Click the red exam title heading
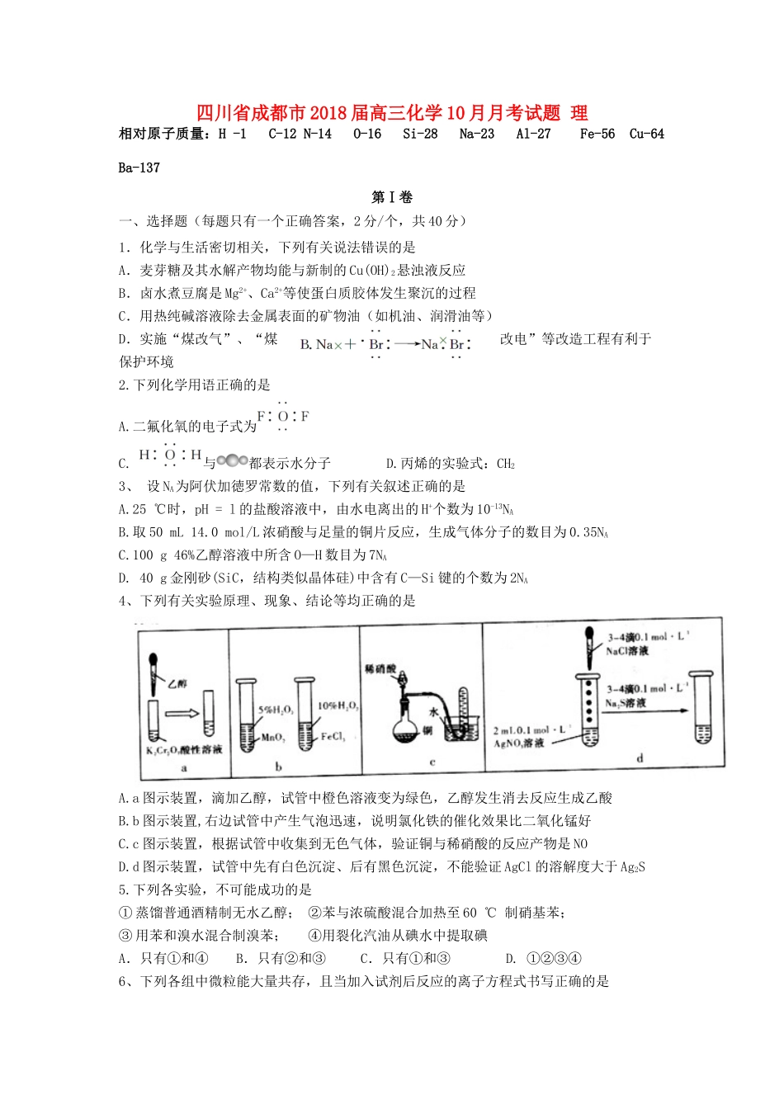(x=392, y=113)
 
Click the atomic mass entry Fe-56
(x=597, y=134)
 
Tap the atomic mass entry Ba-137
(x=139, y=168)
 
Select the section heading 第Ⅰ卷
(x=392, y=197)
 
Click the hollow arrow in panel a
(x=181, y=714)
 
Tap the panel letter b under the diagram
(x=279, y=767)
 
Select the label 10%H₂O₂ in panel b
(x=338, y=706)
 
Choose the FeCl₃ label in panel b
(x=333, y=737)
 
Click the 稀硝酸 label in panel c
(x=380, y=669)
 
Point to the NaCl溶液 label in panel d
(x=628, y=651)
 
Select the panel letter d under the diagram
(x=640, y=757)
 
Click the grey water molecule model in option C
(x=232, y=461)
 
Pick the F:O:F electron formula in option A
(x=283, y=417)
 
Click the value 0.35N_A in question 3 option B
(x=589, y=532)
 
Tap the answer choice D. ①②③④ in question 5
(x=544, y=958)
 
